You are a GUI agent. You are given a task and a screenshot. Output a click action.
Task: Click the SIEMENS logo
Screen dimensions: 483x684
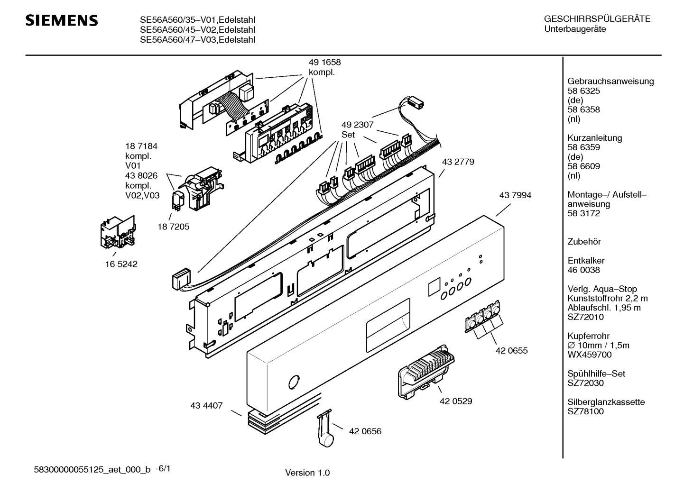coord(62,21)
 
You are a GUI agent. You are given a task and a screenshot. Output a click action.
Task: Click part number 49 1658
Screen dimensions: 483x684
coord(324,63)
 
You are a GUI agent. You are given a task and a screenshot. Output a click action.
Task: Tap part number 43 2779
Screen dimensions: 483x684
coord(458,162)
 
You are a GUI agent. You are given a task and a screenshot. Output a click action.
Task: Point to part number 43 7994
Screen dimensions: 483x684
coord(515,195)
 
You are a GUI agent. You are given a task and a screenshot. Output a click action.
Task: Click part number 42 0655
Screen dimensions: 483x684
coord(511,351)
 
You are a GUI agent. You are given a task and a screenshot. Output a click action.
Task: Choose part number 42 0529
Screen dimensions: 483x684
coord(456,401)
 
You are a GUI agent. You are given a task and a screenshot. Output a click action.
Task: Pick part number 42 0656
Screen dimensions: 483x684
coord(365,431)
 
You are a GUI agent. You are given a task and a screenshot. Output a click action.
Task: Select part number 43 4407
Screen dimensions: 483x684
coord(206,406)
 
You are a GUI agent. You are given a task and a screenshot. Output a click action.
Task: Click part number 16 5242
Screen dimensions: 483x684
coord(121,264)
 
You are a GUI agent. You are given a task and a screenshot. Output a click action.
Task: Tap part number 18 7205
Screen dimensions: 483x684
coord(173,227)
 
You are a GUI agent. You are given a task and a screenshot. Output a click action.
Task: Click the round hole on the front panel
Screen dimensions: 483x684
coord(294,382)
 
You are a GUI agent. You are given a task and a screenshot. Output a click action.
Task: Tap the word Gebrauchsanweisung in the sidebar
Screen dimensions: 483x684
coord(610,81)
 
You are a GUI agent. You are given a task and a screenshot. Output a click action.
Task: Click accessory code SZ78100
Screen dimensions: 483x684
coord(585,411)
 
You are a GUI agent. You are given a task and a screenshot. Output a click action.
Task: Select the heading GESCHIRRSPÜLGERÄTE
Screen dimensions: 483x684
coord(597,19)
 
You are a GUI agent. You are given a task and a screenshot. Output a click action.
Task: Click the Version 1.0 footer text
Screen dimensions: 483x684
coord(307,473)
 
